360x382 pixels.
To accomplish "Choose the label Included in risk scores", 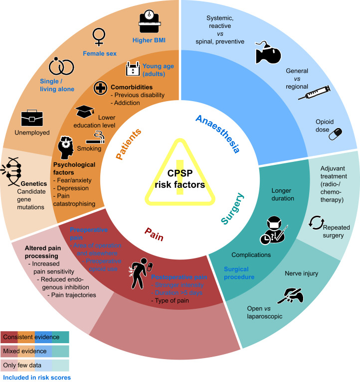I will click(x=36, y=378).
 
